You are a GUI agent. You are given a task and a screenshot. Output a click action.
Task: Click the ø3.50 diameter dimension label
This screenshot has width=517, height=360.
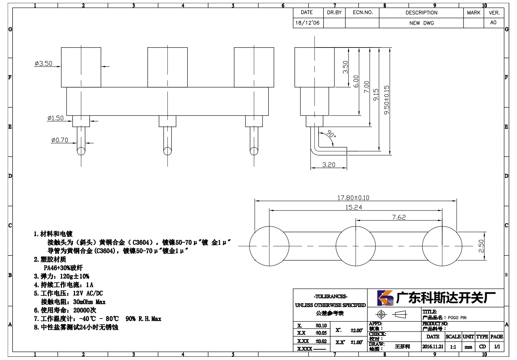pyautogui.click(x=44, y=64)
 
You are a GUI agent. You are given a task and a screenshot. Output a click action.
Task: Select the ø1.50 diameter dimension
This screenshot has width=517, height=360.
pyautogui.click(x=55, y=118)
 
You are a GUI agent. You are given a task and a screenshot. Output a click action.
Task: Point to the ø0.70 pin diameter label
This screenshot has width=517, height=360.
pyautogui.click(x=60, y=140)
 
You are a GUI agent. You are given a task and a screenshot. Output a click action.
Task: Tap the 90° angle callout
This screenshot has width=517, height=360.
pyautogui.click(x=331, y=134)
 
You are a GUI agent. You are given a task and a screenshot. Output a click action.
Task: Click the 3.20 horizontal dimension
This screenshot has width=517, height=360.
pyautogui.click(x=329, y=165)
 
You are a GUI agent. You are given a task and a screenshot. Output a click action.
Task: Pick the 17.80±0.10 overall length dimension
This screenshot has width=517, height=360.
pyautogui.click(x=353, y=198)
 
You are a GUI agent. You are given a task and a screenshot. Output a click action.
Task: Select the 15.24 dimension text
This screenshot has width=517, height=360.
pyautogui.click(x=354, y=207)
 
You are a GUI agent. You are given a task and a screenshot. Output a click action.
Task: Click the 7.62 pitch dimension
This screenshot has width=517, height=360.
pyautogui.click(x=399, y=217)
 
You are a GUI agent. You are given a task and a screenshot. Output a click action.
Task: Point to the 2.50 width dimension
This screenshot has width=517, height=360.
pyautogui.click(x=481, y=246)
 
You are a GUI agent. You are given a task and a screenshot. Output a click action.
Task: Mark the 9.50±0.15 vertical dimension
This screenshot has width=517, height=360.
pyautogui.click(x=387, y=100)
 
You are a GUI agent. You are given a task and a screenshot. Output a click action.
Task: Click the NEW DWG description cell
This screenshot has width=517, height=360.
pyautogui.click(x=421, y=23)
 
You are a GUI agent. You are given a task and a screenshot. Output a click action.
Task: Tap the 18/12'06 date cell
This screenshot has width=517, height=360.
pyautogui.click(x=307, y=23)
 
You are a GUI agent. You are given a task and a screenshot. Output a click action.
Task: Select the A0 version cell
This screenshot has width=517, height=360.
pyautogui.click(x=493, y=22)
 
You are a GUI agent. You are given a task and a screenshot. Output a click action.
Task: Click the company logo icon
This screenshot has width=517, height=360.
pyautogui.click(x=385, y=298)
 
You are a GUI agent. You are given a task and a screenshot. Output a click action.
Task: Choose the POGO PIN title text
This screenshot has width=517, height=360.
pyautogui.click(x=457, y=318)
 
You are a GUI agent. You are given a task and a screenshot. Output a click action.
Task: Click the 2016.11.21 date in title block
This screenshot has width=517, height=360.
pyautogui.click(x=433, y=347)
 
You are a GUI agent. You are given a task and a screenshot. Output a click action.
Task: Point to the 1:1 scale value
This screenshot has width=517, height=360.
pyautogui.click(x=453, y=347)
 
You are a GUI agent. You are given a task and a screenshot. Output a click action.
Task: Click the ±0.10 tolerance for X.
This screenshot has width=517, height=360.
pyautogui.click(x=321, y=325)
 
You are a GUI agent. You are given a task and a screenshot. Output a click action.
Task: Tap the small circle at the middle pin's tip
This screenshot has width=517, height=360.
pyautogui.click(x=167, y=151)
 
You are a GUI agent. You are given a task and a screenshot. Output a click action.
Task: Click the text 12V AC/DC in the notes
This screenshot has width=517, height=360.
pyautogui.click(x=88, y=293)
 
